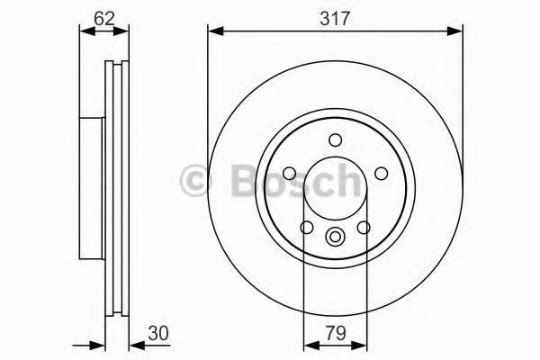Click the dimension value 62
pos(104,16)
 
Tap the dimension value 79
pos(335,332)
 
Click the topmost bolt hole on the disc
pos(336,139)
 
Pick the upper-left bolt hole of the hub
pos(291,173)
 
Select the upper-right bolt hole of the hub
pos(380,173)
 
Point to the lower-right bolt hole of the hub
pos(364,227)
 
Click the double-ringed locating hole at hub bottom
pos(336,238)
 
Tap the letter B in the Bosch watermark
pos(237,180)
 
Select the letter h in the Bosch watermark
pos(345,180)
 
